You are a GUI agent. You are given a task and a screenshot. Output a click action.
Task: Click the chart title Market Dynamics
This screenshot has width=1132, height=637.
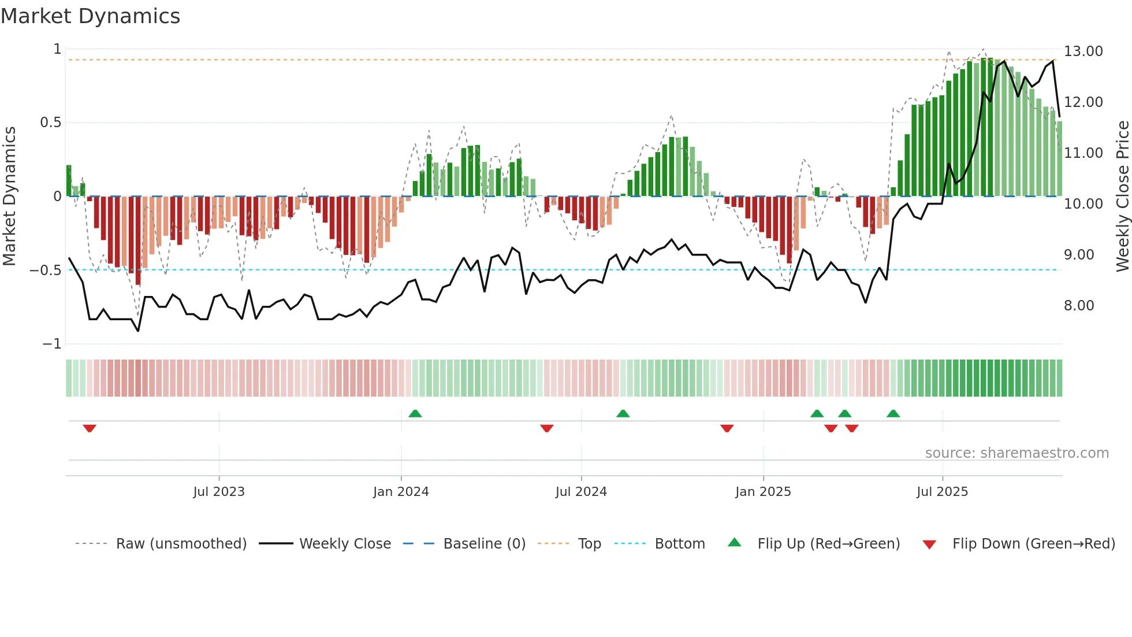90,16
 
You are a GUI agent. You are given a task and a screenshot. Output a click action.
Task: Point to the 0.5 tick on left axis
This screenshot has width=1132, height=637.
50,123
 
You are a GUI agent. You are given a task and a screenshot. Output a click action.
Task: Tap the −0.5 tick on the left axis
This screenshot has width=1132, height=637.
45,271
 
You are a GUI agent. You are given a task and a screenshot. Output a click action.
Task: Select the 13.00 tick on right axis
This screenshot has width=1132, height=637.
1083,51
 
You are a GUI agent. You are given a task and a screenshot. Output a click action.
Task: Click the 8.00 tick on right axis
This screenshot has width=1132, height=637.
1079,306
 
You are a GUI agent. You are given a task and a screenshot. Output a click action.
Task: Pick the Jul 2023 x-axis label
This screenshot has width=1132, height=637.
219,492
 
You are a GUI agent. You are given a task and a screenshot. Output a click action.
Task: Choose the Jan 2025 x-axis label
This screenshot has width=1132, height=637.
763,492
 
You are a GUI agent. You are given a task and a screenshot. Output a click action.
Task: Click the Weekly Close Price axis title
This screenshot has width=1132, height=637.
1122,197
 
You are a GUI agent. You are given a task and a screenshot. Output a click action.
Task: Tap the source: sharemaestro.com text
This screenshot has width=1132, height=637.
1016,453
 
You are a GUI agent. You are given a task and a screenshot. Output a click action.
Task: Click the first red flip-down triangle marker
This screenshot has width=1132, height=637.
90,428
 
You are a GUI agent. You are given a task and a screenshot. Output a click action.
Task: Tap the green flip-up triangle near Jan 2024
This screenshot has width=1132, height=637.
415,413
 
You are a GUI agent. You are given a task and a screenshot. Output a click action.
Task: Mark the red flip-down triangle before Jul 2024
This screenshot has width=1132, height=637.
547,428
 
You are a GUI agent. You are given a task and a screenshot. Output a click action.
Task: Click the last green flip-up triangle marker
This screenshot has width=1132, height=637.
893,413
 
